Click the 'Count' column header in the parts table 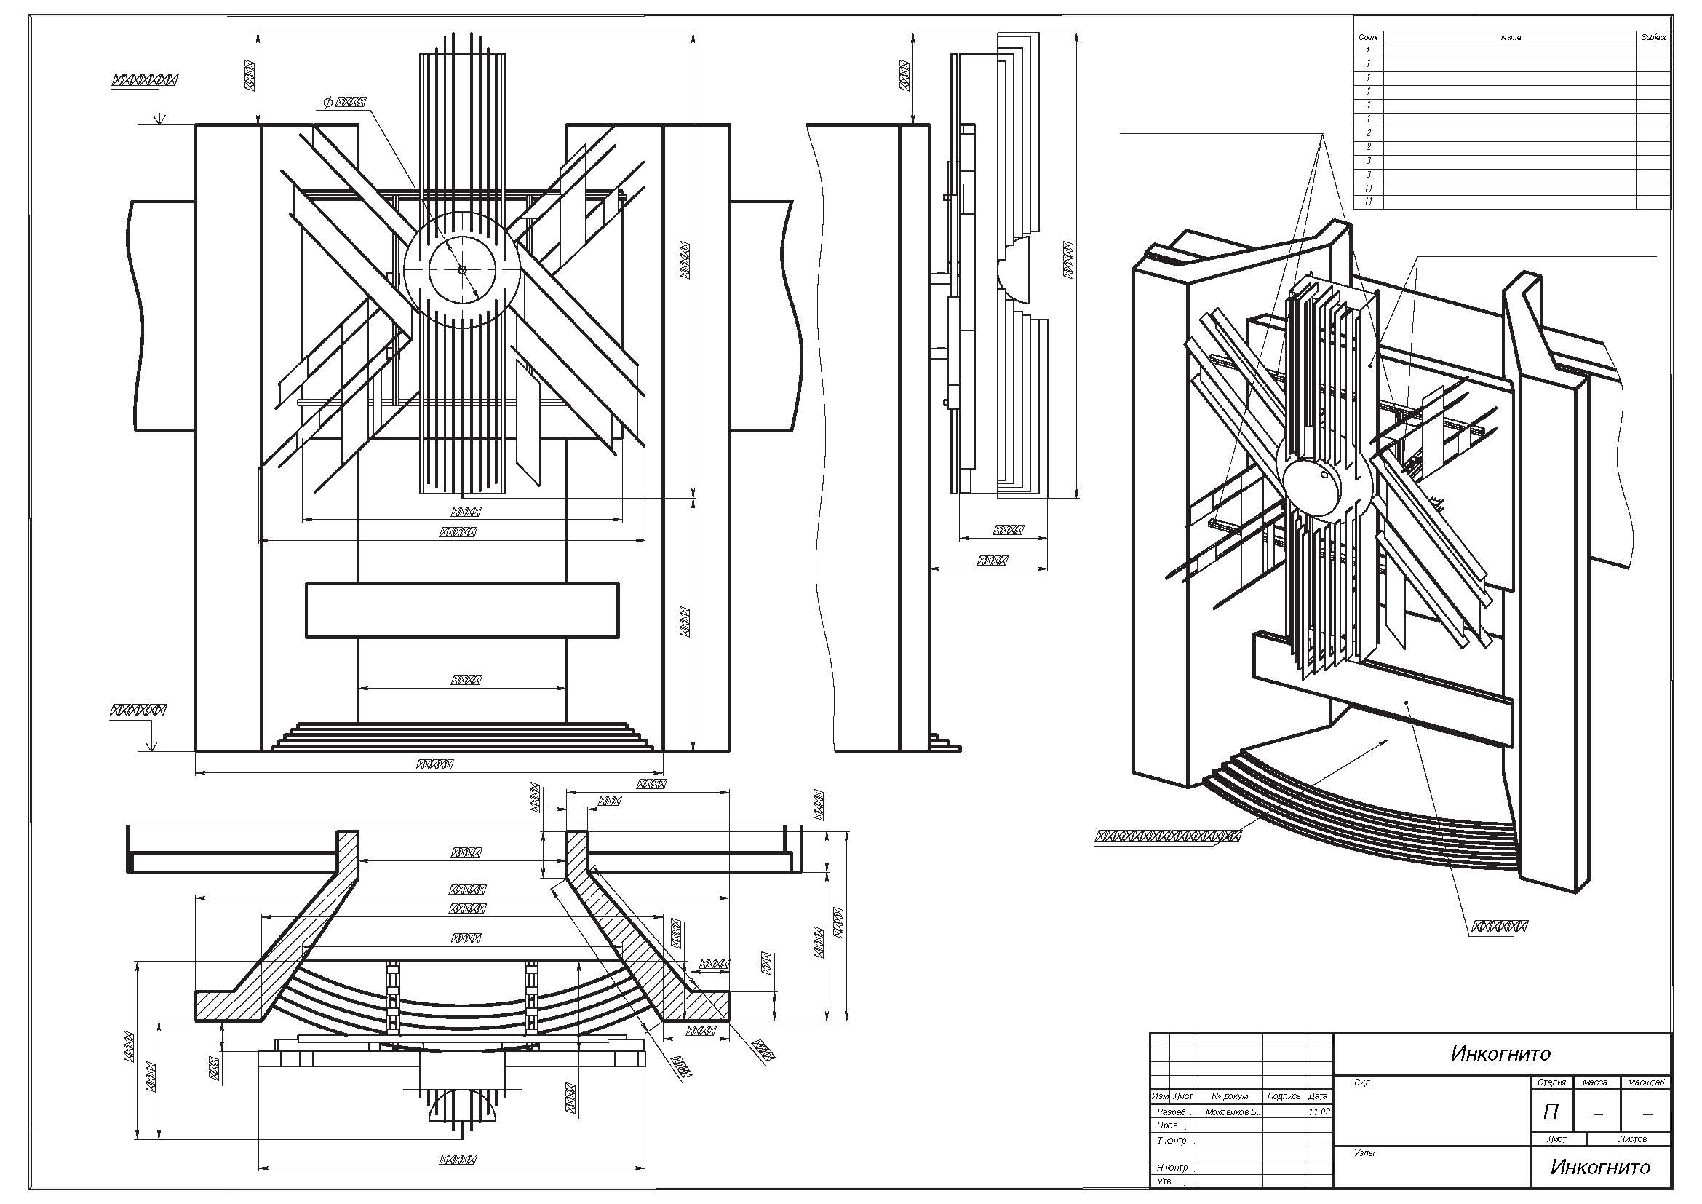[x=1368, y=37]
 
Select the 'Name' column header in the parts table [x=1510, y=37]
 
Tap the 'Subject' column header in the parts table [x=1653, y=37]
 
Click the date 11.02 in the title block [x=1319, y=1112]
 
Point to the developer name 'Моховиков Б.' [x=1232, y=1112]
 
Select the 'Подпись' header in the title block [x=1284, y=1096]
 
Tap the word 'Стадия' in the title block [x=1551, y=1082]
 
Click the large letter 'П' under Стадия [x=1550, y=1112]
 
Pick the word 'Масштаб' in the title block [x=1647, y=1082]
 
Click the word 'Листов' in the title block [x=1632, y=1138]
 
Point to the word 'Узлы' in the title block [x=1364, y=1153]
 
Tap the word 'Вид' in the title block [x=1362, y=1082]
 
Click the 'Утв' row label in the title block [x=1164, y=1181]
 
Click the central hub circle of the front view [x=462, y=270]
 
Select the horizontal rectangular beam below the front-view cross [x=462, y=609]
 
